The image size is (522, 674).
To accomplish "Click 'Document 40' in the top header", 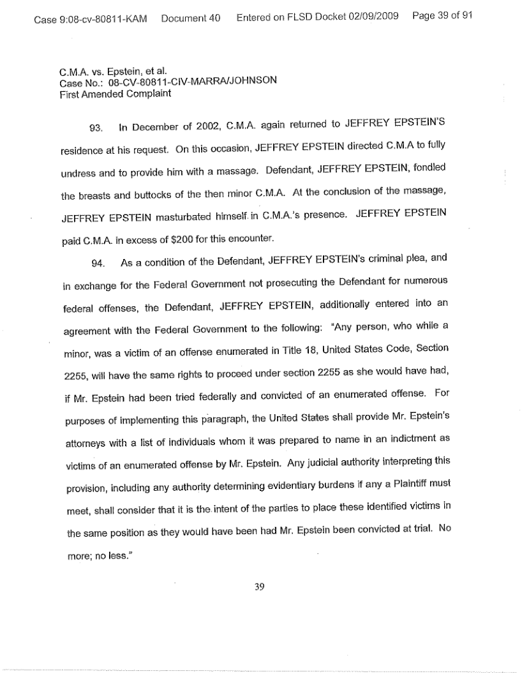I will click(191, 19).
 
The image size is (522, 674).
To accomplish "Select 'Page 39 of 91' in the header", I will click(442, 19).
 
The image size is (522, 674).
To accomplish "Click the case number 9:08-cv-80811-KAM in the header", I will click(92, 19).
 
